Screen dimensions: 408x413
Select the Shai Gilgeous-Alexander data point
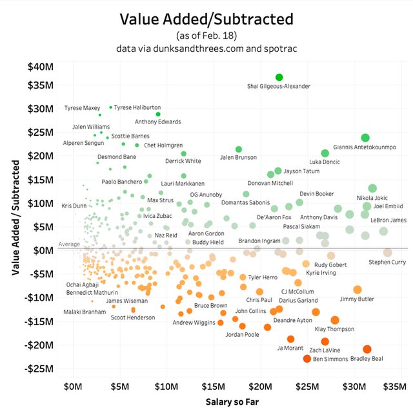[279, 78]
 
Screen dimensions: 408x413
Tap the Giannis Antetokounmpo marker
[365, 138]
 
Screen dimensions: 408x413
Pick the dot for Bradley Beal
[367, 349]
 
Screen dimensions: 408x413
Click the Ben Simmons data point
[307, 359]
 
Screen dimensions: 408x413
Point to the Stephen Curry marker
[388, 253]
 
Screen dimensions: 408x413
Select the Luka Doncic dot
[325, 153]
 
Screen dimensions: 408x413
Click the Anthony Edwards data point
[158, 114]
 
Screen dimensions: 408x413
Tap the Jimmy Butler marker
[358, 290]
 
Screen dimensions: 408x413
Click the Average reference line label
[68, 244]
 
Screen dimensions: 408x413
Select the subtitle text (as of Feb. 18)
[206, 35]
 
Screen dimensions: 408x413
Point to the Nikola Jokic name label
[372, 197]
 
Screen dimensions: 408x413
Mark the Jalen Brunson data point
[239, 149]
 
